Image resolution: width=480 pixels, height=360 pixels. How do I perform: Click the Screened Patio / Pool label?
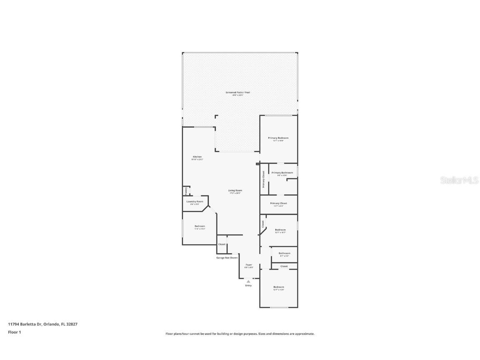(237, 92)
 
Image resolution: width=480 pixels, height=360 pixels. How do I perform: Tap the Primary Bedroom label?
(278, 138)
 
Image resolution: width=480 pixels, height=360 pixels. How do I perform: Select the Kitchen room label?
(197, 157)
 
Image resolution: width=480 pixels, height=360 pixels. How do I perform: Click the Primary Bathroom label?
(282, 172)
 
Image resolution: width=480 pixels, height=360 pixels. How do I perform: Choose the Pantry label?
(186, 191)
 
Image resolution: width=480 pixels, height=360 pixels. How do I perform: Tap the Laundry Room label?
(195, 201)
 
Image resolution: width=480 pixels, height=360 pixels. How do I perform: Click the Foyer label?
(248, 265)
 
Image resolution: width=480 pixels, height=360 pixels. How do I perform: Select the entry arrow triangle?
(248, 282)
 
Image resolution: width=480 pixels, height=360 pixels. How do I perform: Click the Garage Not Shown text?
(227, 258)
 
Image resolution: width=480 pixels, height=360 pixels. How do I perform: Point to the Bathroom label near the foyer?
(284, 253)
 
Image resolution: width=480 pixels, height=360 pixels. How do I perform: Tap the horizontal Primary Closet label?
(278, 203)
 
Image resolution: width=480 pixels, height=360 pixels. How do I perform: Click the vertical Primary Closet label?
(263, 180)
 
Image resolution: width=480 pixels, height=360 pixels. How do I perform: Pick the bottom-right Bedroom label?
(278, 287)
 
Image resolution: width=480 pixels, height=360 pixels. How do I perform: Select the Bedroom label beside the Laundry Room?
(200, 226)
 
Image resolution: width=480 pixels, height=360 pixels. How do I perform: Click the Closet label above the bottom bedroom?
(284, 266)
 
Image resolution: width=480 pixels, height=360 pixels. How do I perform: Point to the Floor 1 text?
(14, 332)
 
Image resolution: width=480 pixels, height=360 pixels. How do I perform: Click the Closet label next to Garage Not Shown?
(222, 244)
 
